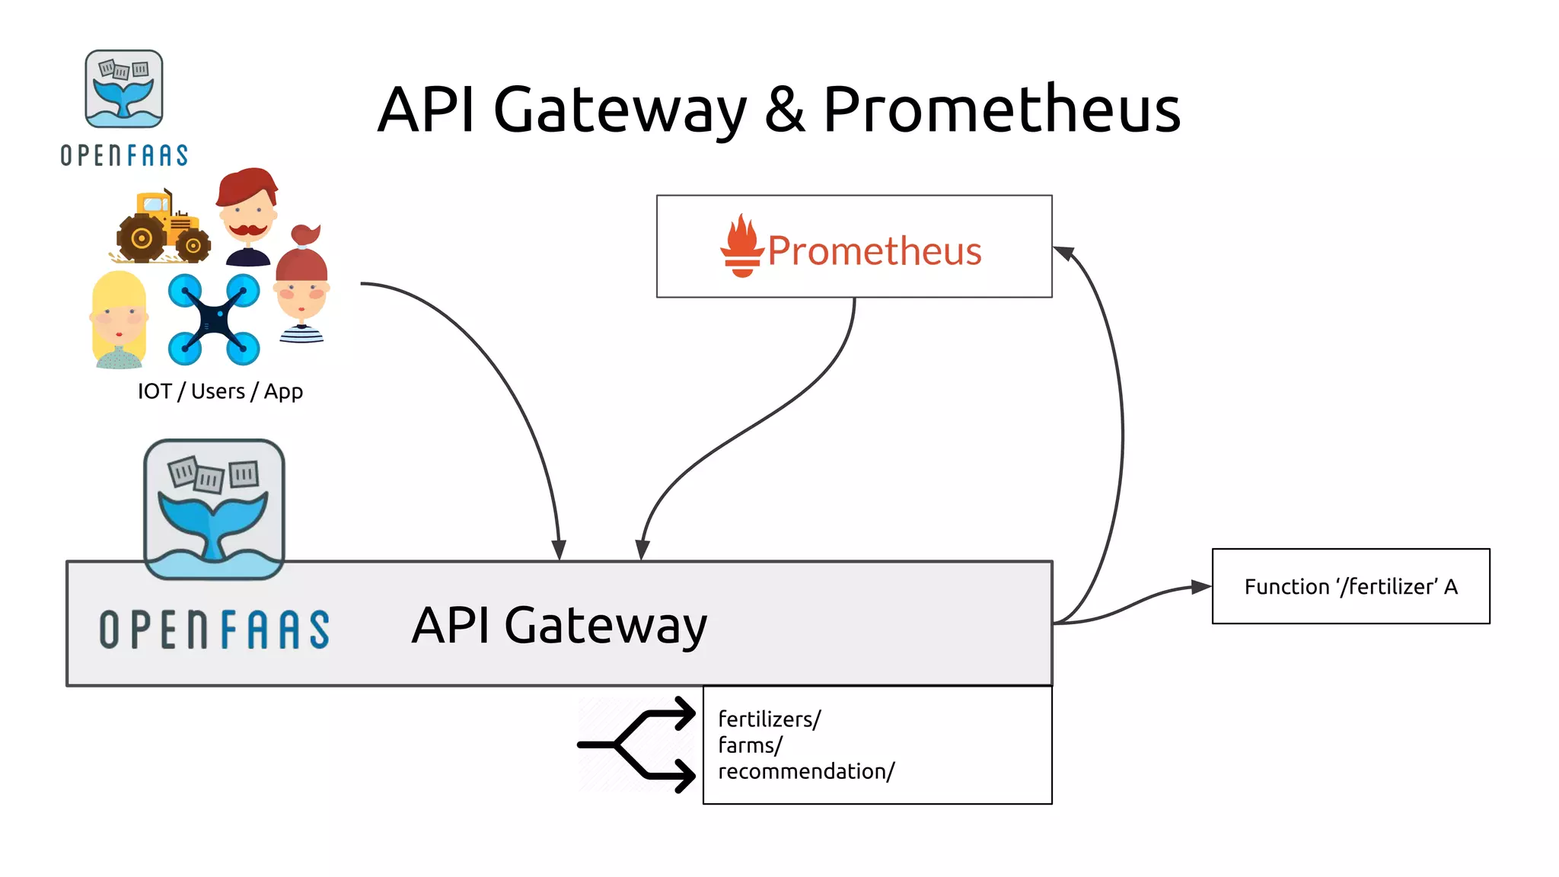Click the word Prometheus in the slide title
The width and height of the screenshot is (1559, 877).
pos(1002,110)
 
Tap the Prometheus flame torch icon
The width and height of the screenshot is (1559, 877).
pos(741,246)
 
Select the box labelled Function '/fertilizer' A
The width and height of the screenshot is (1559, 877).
pos(1350,586)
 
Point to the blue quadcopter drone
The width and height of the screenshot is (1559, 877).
pos(214,319)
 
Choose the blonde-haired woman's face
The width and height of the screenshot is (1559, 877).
pos(119,319)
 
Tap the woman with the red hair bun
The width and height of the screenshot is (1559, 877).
pos(302,285)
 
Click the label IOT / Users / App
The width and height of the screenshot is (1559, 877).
pos(220,391)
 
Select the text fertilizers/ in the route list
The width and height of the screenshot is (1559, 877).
pos(770,719)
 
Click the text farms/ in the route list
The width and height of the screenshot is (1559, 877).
pos(750,745)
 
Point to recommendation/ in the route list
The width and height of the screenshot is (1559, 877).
pos(806,771)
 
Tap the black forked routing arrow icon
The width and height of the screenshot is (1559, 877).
pos(638,745)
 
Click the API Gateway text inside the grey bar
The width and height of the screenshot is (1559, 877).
pos(560,626)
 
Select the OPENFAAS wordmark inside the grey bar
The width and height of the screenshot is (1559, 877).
pos(215,630)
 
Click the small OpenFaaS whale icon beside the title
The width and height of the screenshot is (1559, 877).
pos(124,89)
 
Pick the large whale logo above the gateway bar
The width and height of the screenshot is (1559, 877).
pos(215,509)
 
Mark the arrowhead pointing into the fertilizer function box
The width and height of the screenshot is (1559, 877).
pos(1201,587)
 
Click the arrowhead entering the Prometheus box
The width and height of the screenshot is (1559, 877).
pos(1063,253)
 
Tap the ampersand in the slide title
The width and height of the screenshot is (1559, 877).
pos(785,110)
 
